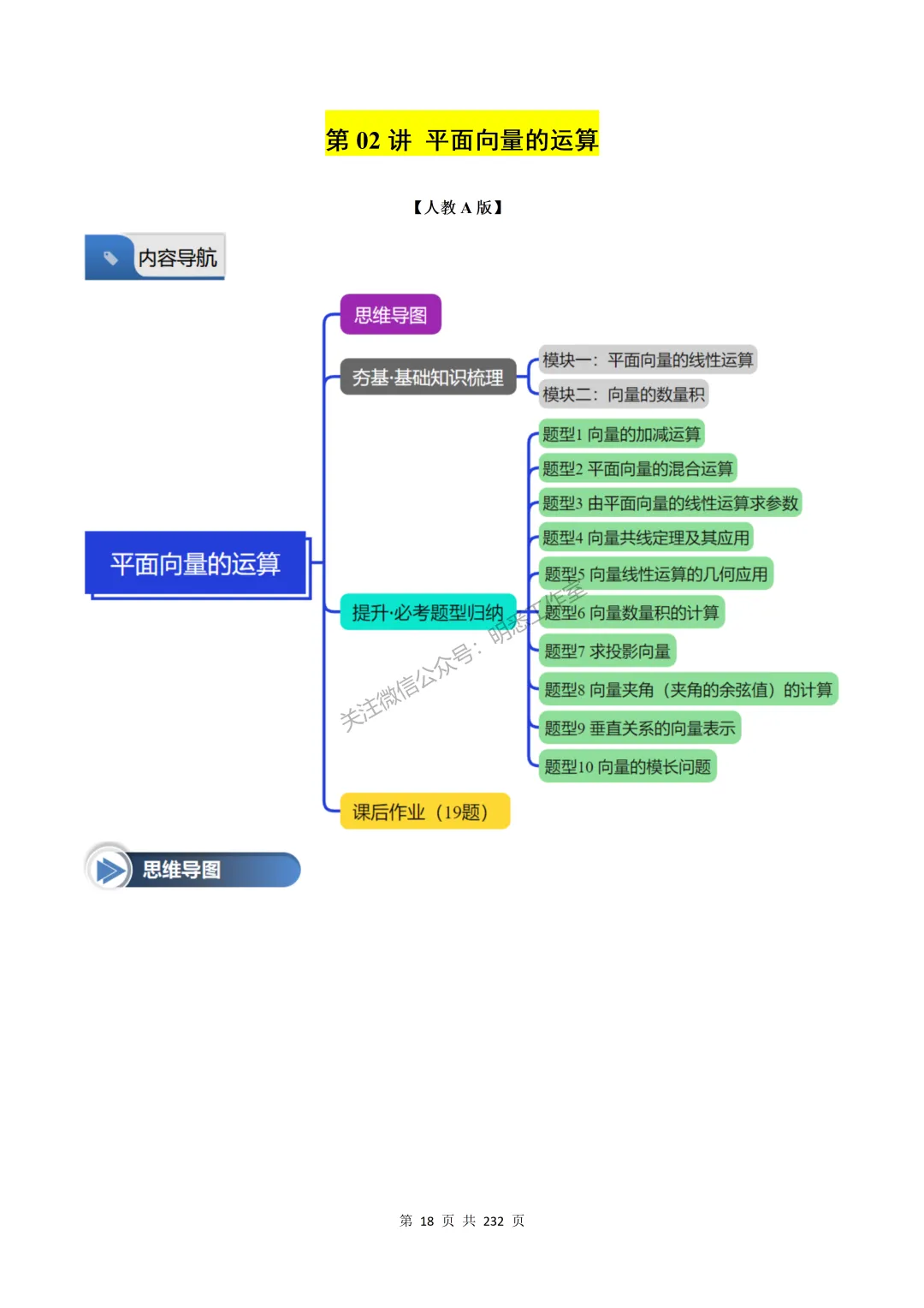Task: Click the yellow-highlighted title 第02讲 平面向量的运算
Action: coord(461,139)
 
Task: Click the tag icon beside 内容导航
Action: coord(110,257)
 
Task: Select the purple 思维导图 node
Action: coord(390,315)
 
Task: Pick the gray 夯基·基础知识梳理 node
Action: coord(428,377)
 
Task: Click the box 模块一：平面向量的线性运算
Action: coord(648,360)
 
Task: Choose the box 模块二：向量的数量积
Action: coord(624,394)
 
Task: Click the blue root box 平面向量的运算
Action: coord(195,563)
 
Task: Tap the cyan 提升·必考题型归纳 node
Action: coord(428,612)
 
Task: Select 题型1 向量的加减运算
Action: coord(621,434)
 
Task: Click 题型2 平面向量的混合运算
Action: coord(637,468)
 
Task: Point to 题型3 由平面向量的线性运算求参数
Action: coord(670,503)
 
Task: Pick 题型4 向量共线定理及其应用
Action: coord(646,538)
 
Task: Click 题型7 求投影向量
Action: coord(607,651)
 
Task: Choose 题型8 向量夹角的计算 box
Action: coord(688,689)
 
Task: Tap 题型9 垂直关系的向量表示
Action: coord(640,728)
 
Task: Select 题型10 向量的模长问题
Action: coord(627,766)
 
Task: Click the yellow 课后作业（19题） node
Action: coord(424,812)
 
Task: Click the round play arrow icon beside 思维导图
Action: coord(109,870)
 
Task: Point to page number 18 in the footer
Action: coord(427,1221)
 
